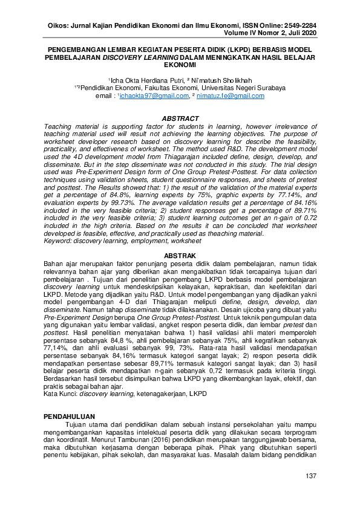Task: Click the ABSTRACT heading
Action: (x=181, y=118)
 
